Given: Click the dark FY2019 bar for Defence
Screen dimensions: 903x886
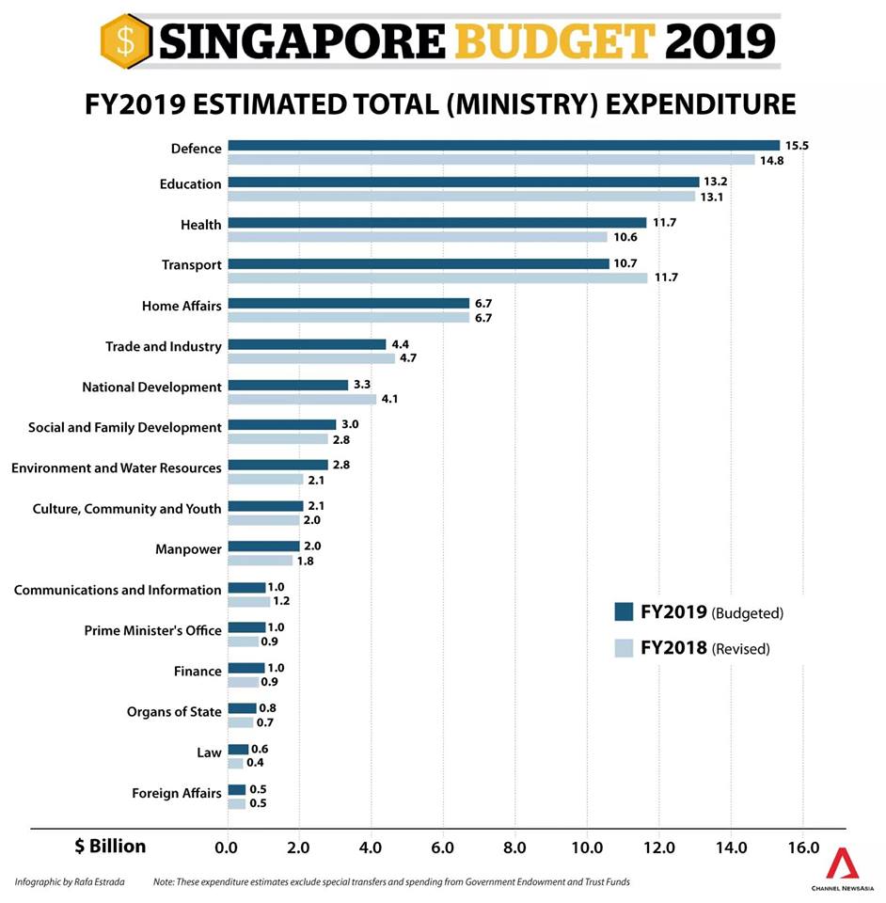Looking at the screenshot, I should tap(503, 145).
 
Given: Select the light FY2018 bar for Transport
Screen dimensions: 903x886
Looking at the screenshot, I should tap(437, 278).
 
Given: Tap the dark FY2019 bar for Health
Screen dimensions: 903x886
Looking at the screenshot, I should tap(436, 223).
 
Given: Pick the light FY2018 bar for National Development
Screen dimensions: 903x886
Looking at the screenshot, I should tap(301, 400).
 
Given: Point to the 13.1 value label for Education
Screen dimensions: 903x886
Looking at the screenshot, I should tap(712, 197).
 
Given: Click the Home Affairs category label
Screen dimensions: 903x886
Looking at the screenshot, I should tap(182, 306).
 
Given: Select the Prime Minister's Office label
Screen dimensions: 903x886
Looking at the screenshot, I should tap(153, 630).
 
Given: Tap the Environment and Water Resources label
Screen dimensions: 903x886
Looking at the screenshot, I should tap(117, 467).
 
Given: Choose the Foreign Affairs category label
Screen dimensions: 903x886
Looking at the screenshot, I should tap(177, 793).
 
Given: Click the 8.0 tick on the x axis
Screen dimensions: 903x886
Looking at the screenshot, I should tap(515, 848).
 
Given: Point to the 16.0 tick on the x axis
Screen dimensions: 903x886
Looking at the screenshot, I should tap(802, 848).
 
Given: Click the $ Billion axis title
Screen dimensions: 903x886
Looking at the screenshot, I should tap(110, 847).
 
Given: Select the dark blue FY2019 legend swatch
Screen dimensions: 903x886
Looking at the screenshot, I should tap(623, 612).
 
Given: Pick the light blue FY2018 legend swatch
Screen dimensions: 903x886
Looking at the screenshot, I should tap(623, 648).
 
